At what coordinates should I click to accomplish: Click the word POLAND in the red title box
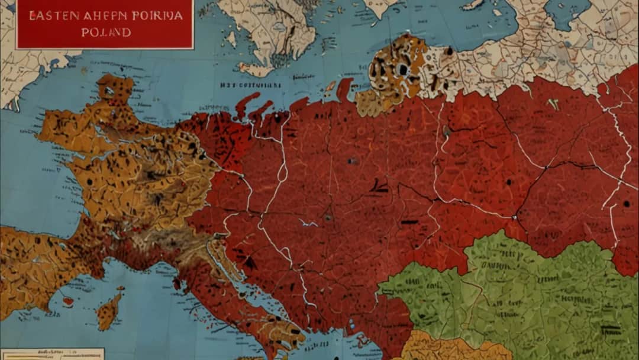pyautogui.click(x=106, y=32)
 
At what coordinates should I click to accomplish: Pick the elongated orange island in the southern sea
pyautogui.click(x=109, y=311)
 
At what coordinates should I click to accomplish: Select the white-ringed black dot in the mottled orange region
pyautogui.click(x=403, y=70)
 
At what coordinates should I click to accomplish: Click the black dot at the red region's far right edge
pyautogui.click(x=626, y=204)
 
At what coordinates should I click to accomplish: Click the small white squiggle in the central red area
pyautogui.click(x=308, y=223)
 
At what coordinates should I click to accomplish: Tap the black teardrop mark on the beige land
pyautogui.click(x=449, y=51)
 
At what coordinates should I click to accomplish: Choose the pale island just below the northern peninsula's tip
pyautogui.click(x=257, y=70)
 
